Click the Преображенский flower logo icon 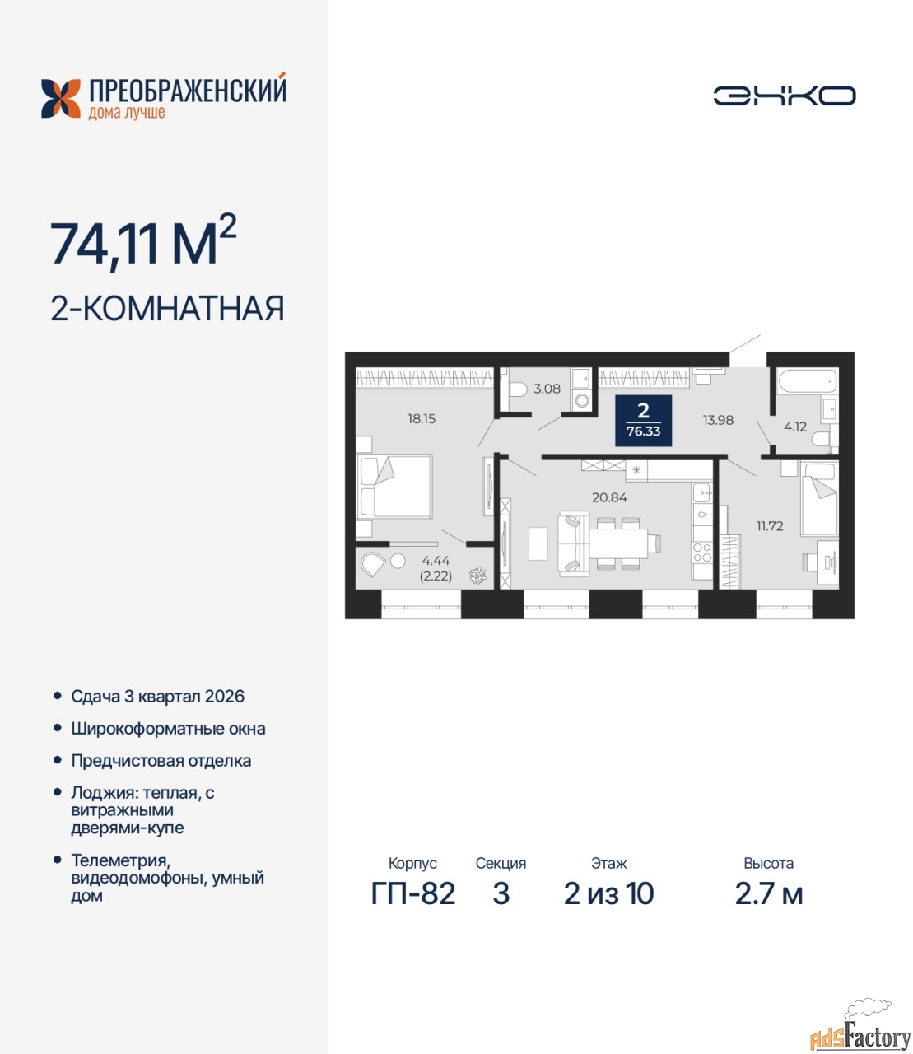(61, 99)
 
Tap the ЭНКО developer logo (784, 96)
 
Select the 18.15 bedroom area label (421, 418)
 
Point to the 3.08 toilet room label (547, 389)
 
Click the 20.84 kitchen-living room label (609, 497)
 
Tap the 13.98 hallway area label (718, 420)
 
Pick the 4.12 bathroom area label (794, 427)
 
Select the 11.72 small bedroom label (769, 525)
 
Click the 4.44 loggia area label (436, 561)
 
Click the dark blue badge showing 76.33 (643, 421)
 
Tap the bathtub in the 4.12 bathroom (807, 381)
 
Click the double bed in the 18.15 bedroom (394, 487)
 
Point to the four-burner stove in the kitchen (702, 553)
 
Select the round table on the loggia (398, 561)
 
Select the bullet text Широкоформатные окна (168, 728)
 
